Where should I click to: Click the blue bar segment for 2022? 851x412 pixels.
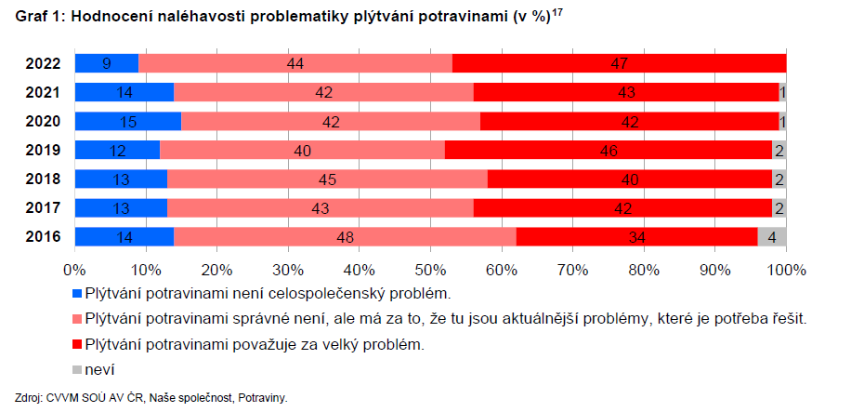point(106,63)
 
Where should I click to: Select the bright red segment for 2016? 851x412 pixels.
point(636,236)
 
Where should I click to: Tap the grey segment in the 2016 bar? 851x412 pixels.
point(772,236)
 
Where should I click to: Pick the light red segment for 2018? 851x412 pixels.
point(327,179)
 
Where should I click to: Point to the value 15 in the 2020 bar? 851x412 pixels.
point(126,121)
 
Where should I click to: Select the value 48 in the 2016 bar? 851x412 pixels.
point(344,236)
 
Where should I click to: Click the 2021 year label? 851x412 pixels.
point(44,92)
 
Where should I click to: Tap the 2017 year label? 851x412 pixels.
point(44,207)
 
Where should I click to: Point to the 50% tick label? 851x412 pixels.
point(430,270)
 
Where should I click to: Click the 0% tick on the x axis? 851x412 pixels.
point(74,270)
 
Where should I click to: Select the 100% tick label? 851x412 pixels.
point(785,270)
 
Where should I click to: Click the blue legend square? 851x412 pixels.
point(77,295)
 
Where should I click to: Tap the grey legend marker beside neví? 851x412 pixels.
point(77,369)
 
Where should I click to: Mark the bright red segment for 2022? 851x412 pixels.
point(619,63)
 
